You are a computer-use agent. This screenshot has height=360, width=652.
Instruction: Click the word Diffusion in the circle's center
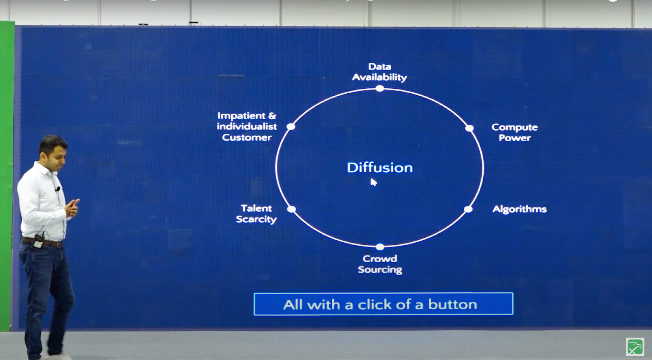coord(379,167)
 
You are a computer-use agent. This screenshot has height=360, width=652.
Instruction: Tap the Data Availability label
coord(379,72)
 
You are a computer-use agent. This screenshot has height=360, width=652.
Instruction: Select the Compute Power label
coord(515,132)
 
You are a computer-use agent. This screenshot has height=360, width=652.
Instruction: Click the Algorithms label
coord(520,209)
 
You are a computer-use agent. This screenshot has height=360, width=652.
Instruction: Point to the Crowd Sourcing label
coord(380,264)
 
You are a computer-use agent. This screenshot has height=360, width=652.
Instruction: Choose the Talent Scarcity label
coord(256,214)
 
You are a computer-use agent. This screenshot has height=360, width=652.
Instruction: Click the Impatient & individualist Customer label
coord(247,127)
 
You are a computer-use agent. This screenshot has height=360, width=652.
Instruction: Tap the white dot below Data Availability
coord(379,88)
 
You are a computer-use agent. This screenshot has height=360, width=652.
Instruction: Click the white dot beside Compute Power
coord(469,128)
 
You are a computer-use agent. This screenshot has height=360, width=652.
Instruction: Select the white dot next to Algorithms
coord(468,209)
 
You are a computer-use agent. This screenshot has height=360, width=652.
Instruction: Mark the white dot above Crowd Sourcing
coord(379,247)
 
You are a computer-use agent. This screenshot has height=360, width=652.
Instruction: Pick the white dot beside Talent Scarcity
coord(291,209)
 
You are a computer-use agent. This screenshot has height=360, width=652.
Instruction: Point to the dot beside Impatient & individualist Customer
coord(291,127)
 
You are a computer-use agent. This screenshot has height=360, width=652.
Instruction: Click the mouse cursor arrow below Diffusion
coord(373,182)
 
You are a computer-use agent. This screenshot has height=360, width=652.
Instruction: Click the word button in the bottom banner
coord(452,304)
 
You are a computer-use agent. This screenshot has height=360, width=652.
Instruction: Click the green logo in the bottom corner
coord(635,347)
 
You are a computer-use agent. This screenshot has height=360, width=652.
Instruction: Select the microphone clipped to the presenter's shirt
coord(58,189)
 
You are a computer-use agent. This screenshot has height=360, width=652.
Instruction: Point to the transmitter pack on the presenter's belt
coord(38,241)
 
